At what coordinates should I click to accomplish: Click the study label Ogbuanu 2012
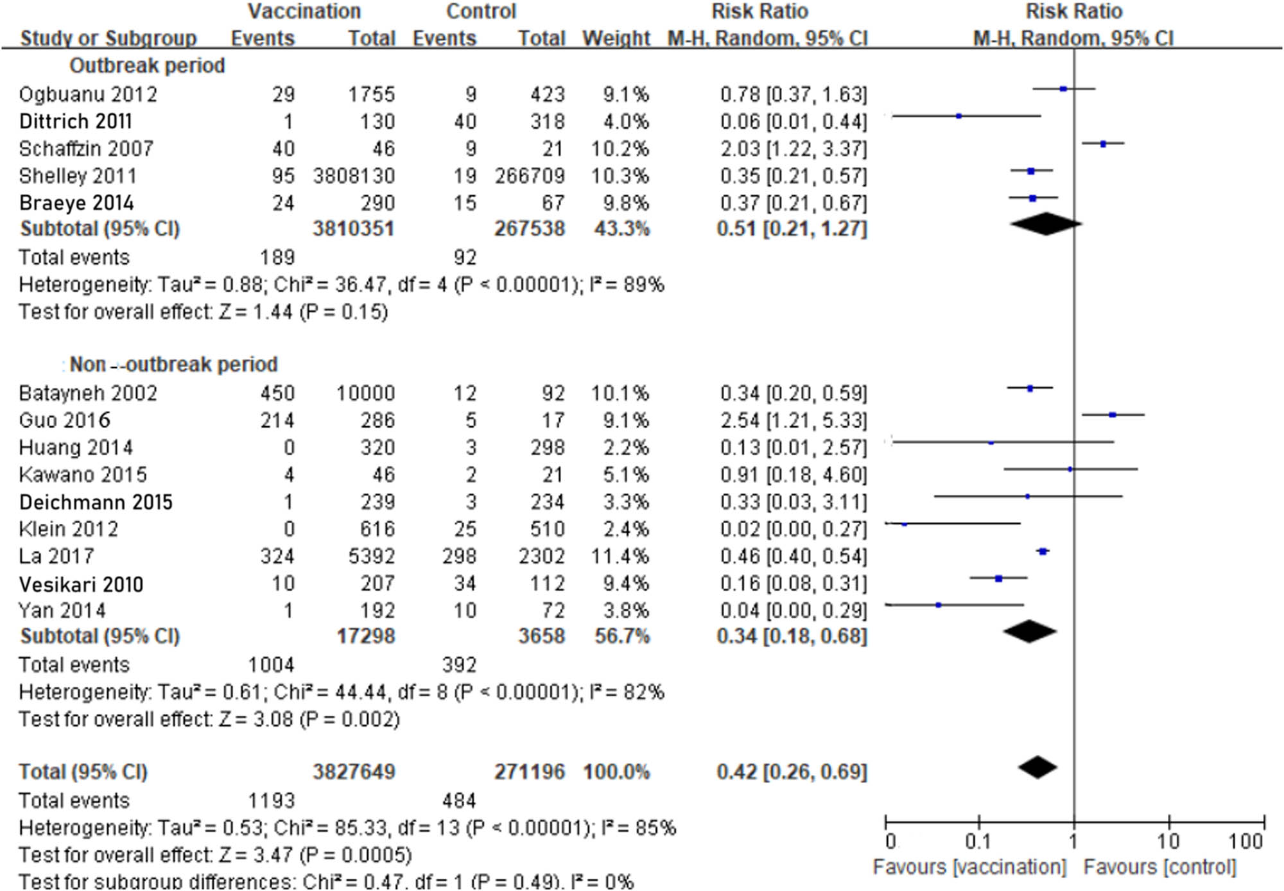[x=88, y=94]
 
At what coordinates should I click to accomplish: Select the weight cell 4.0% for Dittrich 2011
[x=625, y=121]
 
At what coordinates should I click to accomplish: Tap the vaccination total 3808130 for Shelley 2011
[x=354, y=176]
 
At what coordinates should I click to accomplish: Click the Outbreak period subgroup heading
[x=147, y=65]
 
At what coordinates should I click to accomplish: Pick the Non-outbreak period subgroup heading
[x=173, y=365]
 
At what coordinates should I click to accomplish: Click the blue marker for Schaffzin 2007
[x=1103, y=144]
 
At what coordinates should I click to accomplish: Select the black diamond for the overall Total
[x=1037, y=766]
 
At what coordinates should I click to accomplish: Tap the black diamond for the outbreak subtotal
[x=1046, y=224]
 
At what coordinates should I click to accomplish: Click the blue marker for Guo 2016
[x=1113, y=415]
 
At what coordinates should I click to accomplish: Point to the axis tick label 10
[x=1168, y=841]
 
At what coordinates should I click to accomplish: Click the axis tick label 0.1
[x=978, y=841]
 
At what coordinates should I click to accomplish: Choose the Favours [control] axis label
[x=1159, y=867]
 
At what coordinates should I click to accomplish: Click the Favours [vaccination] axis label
[x=969, y=867]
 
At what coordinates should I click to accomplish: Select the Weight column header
[x=616, y=39]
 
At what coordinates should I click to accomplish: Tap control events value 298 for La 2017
[x=458, y=556]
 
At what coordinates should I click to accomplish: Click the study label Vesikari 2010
[x=81, y=584]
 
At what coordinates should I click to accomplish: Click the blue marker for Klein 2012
[x=905, y=524]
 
